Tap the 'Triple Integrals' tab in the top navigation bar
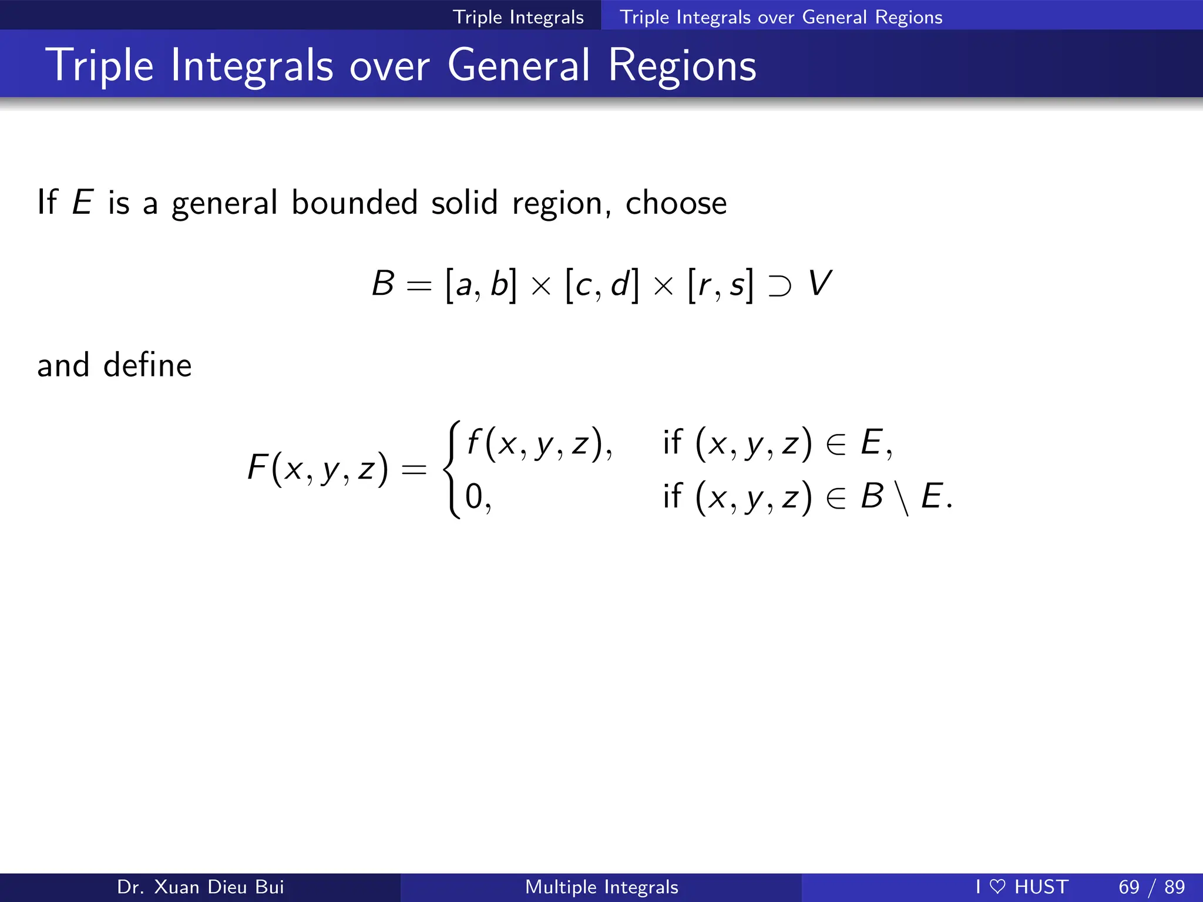coord(518,17)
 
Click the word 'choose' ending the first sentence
coord(676,203)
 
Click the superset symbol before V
coord(779,286)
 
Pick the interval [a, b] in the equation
coord(480,285)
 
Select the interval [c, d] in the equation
coord(601,285)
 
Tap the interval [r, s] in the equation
coord(720,285)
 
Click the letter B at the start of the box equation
coord(383,284)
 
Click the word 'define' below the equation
coord(147,365)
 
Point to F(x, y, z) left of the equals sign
coord(318,468)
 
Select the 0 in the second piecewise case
coord(473,496)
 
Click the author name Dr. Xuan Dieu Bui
coord(200,887)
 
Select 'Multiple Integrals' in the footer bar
coord(601,887)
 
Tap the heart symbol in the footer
coord(997,887)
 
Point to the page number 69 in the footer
coord(1128,887)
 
